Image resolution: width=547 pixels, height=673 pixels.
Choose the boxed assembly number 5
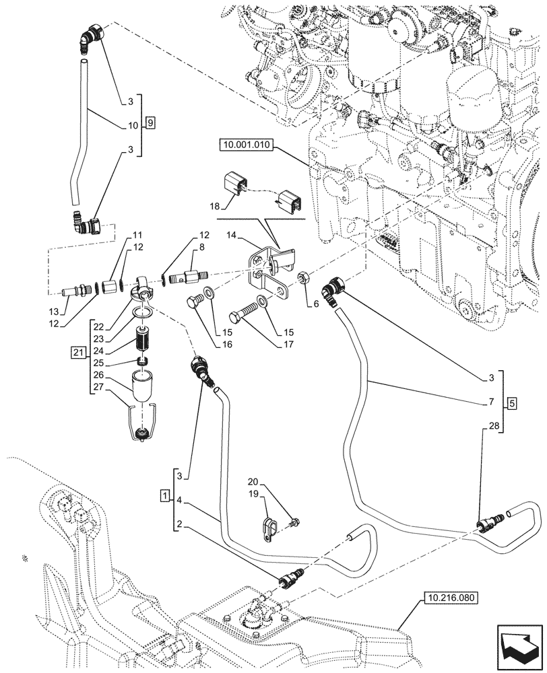(x=511, y=404)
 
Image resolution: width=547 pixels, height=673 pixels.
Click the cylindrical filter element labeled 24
(x=142, y=338)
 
